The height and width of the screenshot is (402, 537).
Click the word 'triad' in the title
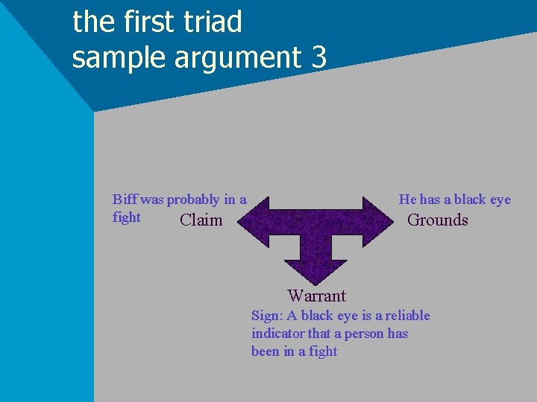pos(212,22)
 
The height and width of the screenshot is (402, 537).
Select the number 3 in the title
pos(318,57)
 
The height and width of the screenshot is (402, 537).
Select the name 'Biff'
pos(125,200)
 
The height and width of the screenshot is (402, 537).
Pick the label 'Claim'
pos(201,220)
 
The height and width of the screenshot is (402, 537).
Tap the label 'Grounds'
pos(437,220)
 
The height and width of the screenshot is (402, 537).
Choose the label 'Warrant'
pos(316,296)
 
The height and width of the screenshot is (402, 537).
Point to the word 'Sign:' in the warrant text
pos(267,316)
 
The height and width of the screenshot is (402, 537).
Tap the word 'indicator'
pos(277,334)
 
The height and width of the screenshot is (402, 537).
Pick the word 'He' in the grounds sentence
pos(407,200)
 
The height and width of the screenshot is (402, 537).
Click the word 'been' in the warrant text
pos(266,351)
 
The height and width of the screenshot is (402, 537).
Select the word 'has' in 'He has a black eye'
pos(430,200)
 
